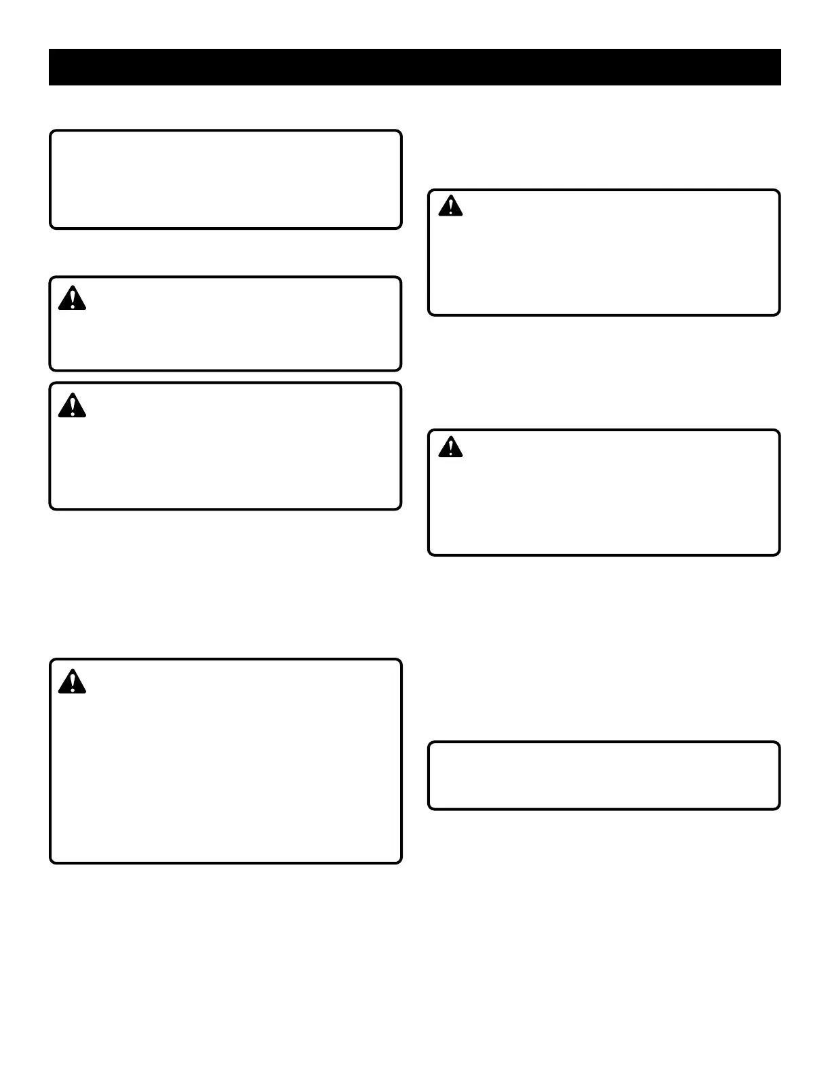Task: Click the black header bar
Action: click(414, 67)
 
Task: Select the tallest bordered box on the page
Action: click(225, 761)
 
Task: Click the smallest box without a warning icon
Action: click(604, 776)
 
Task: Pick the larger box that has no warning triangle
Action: click(225, 180)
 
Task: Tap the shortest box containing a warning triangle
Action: click(225, 324)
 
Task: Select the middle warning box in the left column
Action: click(225, 446)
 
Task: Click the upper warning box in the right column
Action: click(604, 253)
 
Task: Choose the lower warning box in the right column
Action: click(604, 492)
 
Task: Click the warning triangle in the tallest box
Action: click(72, 681)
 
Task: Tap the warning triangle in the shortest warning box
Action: click(72, 298)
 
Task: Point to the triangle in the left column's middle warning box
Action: click(72, 405)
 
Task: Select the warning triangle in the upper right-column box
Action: click(450, 206)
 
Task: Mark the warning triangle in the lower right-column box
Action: click(450, 447)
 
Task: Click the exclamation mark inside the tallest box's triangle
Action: click(72, 681)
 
